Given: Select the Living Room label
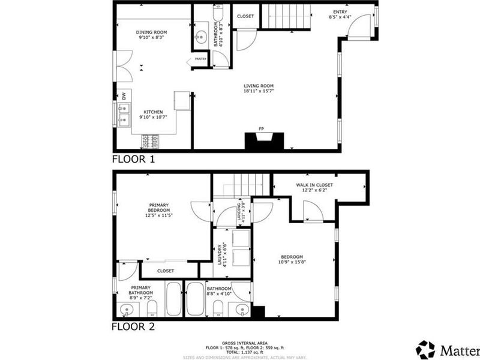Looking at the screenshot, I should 259,88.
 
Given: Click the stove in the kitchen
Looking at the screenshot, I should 151,142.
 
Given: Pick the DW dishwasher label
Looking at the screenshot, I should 124,95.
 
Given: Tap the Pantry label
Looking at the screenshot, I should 200,59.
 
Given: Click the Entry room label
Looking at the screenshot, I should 340,12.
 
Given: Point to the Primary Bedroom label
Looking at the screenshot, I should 158,211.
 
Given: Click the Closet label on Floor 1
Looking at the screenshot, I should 245,16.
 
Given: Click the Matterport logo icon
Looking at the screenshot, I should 425,349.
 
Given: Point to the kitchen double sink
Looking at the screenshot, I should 125,115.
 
